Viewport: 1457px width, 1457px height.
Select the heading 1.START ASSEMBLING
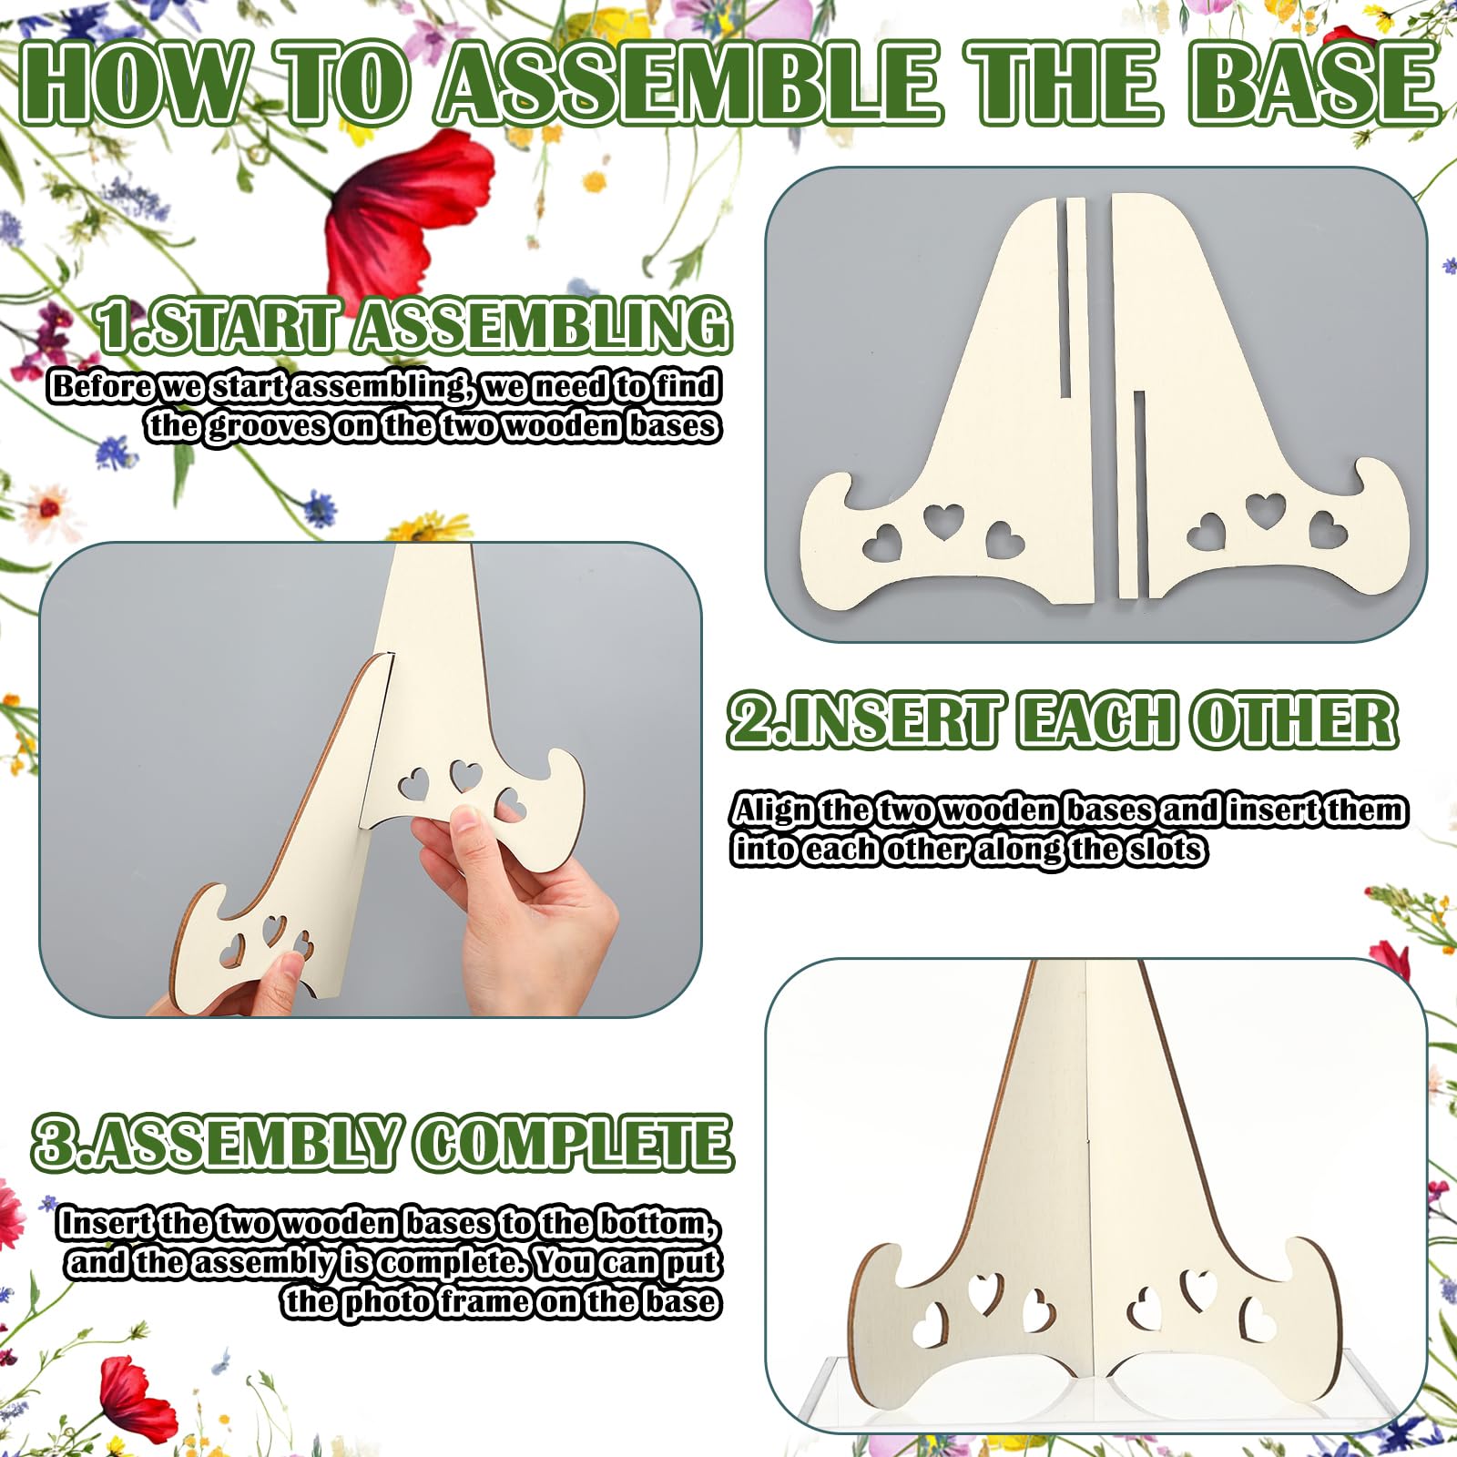pyautogui.click(x=413, y=325)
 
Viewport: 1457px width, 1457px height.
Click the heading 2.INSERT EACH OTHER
pyautogui.click(x=1063, y=719)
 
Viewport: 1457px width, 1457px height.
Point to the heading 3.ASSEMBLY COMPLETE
pyautogui.click(x=382, y=1142)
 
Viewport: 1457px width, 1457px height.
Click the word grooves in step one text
pyautogui.click(x=269, y=426)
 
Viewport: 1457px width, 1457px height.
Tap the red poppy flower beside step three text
pyautogui.click(x=132, y=1398)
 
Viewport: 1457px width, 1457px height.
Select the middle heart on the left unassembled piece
pyautogui.click(x=943, y=522)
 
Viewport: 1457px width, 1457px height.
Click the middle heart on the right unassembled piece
pyautogui.click(x=1266, y=510)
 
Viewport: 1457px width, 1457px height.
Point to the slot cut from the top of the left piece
pyautogui.click(x=1076, y=297)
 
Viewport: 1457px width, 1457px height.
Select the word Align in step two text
pyautogui.click(x=774, y=810)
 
